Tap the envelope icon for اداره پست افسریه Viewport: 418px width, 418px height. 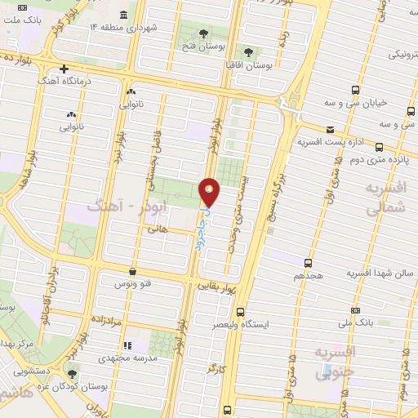[330, 129]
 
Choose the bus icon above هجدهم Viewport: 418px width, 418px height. [308, 262]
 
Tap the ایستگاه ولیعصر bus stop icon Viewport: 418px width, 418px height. [240, 311]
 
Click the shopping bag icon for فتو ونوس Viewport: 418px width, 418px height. [133, 272]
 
